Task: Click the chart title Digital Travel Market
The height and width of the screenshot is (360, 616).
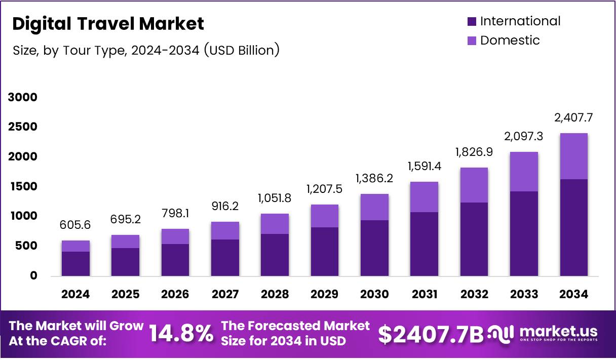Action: pyautogui.click(x=108, y=24)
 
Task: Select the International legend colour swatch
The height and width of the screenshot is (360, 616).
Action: pyautogui.click(x=472, y=21)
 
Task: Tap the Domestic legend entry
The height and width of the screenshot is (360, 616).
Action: pyautogui.click(x=510, y=41)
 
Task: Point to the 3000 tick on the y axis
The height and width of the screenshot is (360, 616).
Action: pyautogui.click(x=23, y=97)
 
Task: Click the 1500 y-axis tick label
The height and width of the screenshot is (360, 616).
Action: pyautogui.click(x=23, y=186)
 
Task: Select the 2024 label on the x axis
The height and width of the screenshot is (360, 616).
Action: pyautogui.click(x=75, y=294)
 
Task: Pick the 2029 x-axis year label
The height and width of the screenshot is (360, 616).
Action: pyautogui.click(x=325, y=294)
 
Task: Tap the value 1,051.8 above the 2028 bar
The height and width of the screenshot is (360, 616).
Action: pyautogui.click(x=275, y=197)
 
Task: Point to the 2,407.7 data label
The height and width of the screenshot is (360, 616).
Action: pyautogui.click(x=574, y=118)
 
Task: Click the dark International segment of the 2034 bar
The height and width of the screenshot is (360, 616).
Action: pyautogui.click(x=574, y=227)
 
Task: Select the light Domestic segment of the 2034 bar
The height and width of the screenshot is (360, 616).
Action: pyautogui.click(x=574, y=156)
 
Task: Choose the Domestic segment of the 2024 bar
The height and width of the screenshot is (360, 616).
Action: pyautogui.click(x=75, y=246)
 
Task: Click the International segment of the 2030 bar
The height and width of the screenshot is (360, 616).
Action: pyautogui.click(x=374, y=248)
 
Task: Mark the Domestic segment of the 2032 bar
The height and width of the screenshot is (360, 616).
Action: pyautogui.click(x=474, y=185)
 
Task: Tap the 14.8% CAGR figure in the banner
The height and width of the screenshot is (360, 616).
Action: pyautogui.click(x=181, y=334)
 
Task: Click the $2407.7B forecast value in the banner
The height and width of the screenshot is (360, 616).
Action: pyautogui.click(x=431, y=334)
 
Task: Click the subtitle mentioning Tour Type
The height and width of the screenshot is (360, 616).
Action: pyautogui.click(x=145, y=50)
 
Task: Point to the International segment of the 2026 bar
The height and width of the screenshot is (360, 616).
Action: pyautogui.click(x=175, y=260)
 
